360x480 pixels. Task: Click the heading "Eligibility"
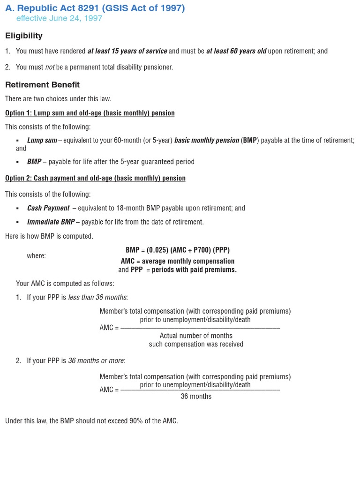click(24, 36)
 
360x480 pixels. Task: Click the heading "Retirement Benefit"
click(42, 85)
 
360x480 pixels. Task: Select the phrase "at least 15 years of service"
click(127, 51)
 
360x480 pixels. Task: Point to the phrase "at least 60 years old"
click(236, 51)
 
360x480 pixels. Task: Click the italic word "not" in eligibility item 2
click(50, 67)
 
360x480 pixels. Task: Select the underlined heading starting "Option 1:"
click(90, 113)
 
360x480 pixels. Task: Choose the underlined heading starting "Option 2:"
click(95, 178)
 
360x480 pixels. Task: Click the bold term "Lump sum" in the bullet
click(42, 140)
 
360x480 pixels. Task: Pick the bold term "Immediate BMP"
click(51, 222)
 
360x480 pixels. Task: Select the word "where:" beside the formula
click(36, 256)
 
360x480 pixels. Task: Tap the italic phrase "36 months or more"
click(96, 360)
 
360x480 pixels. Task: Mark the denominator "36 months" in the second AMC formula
click(196, 397)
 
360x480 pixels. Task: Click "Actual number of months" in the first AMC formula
click(196, 336)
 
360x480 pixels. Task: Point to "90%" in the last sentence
click(136, 421)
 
